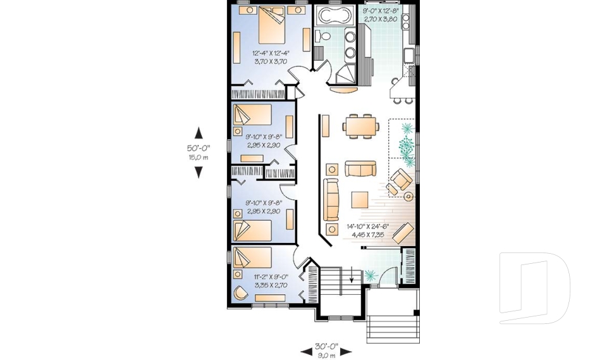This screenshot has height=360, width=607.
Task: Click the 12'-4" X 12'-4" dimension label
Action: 270,57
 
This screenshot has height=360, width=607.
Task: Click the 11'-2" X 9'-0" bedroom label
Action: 270,281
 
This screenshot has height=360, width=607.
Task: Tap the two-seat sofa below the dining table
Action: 360,169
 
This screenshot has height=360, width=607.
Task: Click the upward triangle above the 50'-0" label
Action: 199,133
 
